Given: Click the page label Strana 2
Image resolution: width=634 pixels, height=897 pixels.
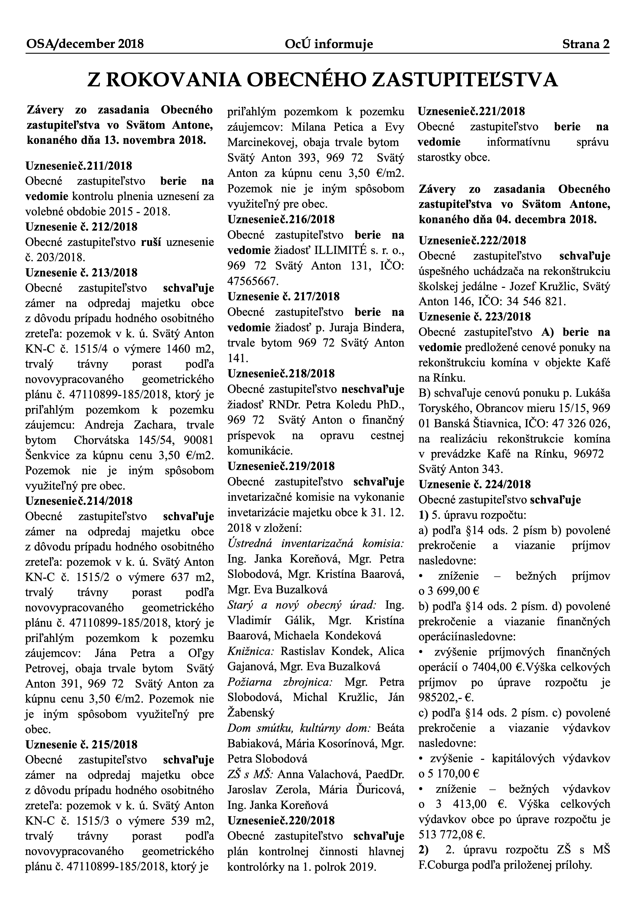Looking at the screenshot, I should point(585,44).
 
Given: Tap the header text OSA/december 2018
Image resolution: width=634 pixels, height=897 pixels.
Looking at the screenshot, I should point(85,44).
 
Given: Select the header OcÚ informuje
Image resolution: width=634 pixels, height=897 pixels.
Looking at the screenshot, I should point(329,44).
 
